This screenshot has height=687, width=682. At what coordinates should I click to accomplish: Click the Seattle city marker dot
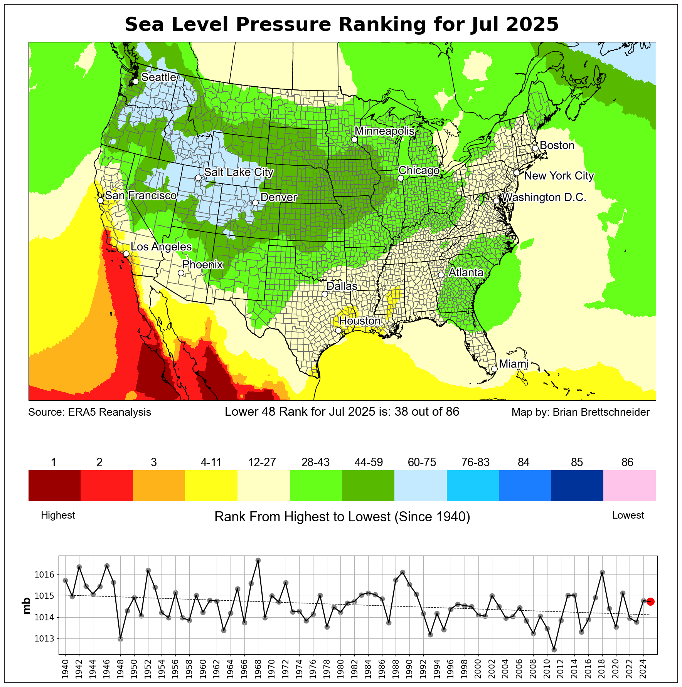(x=136, y=81)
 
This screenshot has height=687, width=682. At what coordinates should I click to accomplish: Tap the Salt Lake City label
(x=239, y=172)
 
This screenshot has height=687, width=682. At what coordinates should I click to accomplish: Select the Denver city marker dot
(x=255, y=203)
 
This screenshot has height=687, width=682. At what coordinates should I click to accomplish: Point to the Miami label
(x=514, y=364)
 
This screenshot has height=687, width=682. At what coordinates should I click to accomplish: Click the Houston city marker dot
(x=338, y=330)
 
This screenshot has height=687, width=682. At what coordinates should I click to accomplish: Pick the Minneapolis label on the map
(x=384, y=131)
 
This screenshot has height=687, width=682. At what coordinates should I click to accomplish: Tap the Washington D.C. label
(x=544, y=198)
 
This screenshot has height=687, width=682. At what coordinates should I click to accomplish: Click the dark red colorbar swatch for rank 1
(x=54, y=485)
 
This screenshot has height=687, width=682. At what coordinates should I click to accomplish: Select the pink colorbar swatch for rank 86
(x=629, y=485)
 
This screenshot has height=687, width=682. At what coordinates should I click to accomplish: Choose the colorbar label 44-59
(x=369, y=462)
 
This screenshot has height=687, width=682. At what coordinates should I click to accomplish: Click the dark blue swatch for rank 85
(x=577, y=485)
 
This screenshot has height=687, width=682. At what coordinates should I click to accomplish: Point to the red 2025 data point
(x=650, y=601)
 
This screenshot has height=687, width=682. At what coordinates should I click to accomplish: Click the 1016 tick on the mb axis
(x=47, y=575)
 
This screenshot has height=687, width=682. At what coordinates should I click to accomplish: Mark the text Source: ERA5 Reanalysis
(x=90, y=412)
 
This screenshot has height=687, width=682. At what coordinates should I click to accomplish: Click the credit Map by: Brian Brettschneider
(x=580, y=412)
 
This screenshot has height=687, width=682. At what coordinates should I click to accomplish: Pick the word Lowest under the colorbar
(x=628, y=516)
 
